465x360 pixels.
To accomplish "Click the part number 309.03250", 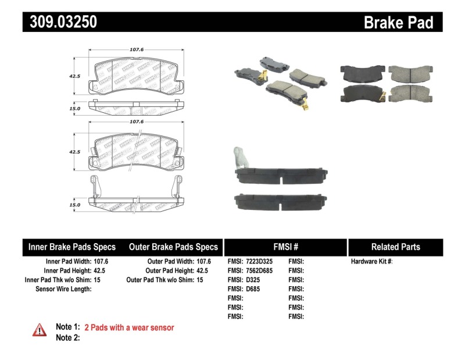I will pos(60,22).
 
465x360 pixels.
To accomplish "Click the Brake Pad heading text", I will pos(398,22).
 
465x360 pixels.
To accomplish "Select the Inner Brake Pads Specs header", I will pos(72,247).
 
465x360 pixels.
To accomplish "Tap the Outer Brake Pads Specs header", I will pos(173,247).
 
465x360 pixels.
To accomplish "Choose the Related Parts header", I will pos(395,247).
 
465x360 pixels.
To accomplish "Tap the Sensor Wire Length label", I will pos(63,289).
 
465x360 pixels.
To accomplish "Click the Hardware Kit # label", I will pos(371,262).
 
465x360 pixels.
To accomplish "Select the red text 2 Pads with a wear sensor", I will pos(129,328).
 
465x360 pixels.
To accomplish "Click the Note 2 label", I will pos(67,338).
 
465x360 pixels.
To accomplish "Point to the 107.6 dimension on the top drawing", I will pos(137,49).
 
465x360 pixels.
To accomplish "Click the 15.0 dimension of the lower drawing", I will pos(74,205).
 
